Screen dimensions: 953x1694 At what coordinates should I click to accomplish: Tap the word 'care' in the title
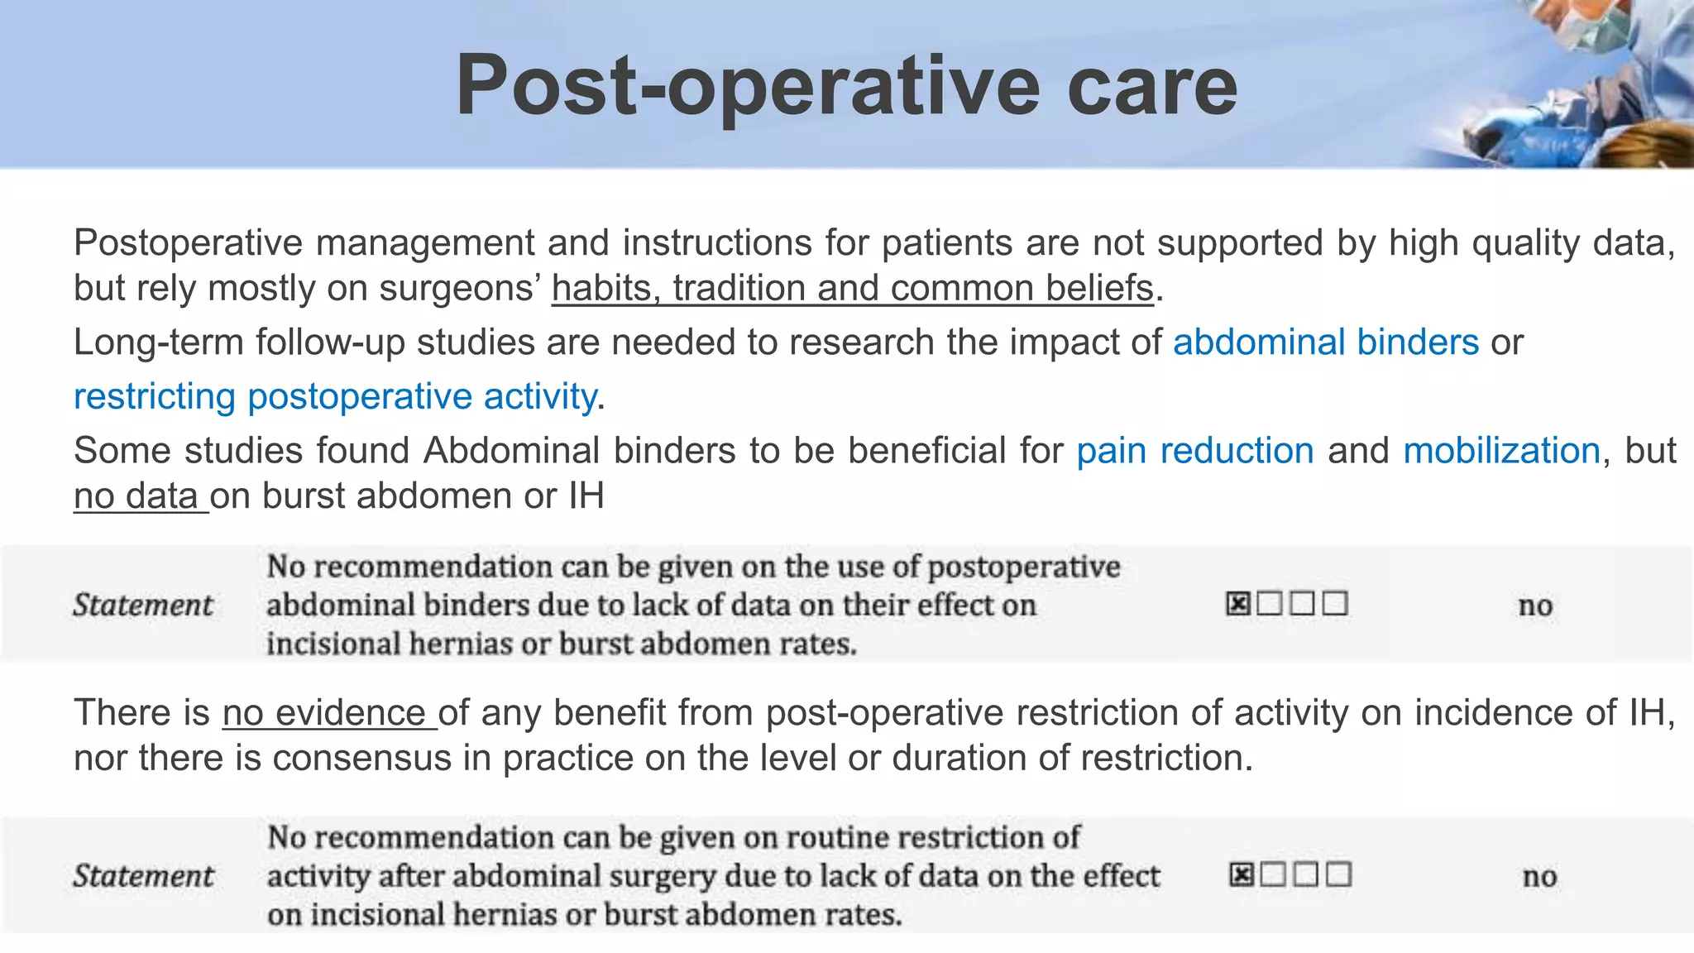(1152, 86)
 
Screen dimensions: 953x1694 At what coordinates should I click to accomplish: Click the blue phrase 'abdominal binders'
(1325, 342)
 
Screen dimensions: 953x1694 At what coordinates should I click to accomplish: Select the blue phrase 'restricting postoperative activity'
(335, 396)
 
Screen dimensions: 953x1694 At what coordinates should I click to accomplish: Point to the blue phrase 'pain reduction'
(1194, 451)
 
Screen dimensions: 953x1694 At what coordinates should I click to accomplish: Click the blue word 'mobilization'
(1501, 451)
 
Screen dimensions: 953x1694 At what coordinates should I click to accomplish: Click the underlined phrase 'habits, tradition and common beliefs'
(852, 289)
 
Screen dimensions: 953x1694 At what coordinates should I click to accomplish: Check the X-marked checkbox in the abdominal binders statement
(1237, 604)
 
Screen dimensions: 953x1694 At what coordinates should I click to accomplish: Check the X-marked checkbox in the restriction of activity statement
(1242, 874)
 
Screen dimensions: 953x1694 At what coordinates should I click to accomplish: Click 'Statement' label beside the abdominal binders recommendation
(143, 605)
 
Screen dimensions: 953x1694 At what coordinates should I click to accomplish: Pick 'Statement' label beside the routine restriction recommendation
(143, 876)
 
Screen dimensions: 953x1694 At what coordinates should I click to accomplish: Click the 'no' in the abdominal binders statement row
(1535, 606)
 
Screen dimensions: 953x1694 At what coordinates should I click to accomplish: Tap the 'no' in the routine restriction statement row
(1539, 876)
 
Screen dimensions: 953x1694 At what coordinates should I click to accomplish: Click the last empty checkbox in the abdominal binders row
(1335, 604)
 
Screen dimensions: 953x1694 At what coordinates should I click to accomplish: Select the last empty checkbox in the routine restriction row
(1338, 874)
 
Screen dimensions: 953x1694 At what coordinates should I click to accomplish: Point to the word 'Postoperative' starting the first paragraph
(189, 243)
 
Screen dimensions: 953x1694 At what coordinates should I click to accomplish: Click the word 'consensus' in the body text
(361, 759)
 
